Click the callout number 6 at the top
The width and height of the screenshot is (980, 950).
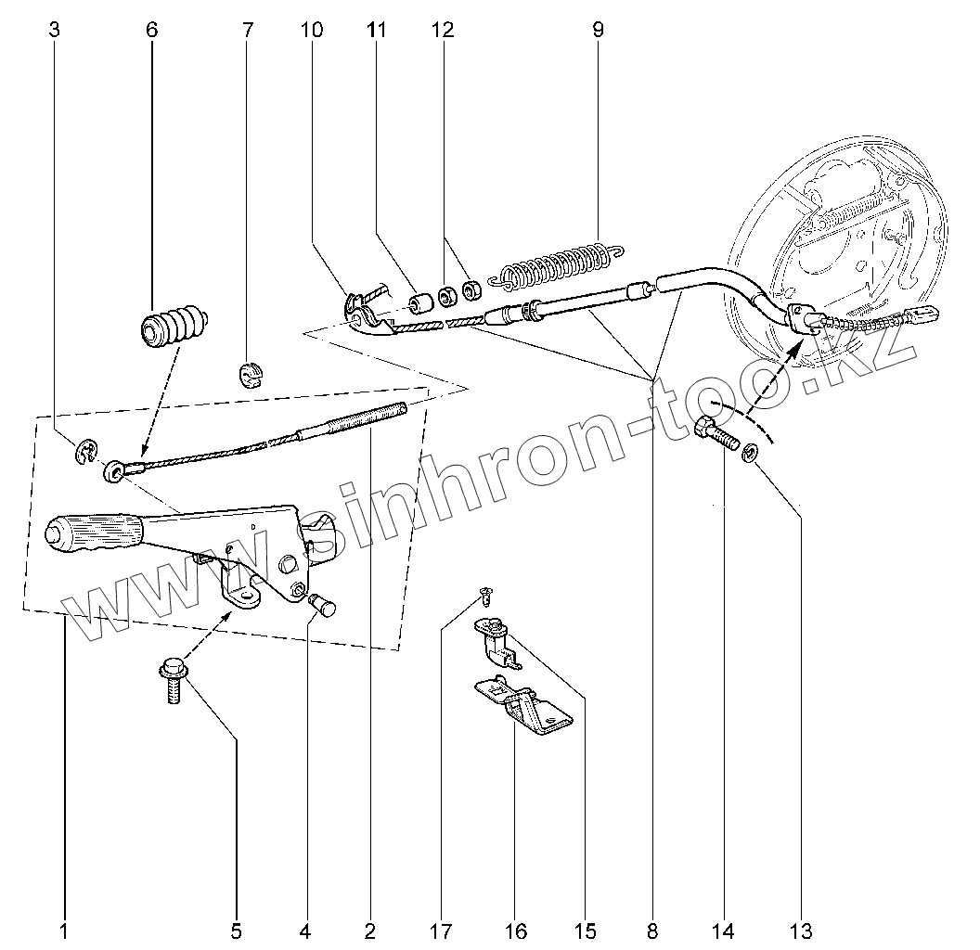coord(151,30)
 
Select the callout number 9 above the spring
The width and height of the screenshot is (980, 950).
coord(598,30)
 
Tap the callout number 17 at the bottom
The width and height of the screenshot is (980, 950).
coord(441,930)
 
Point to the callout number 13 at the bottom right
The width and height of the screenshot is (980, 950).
coord(801,930)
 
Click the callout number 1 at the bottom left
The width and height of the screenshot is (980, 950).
coord(63,930)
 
